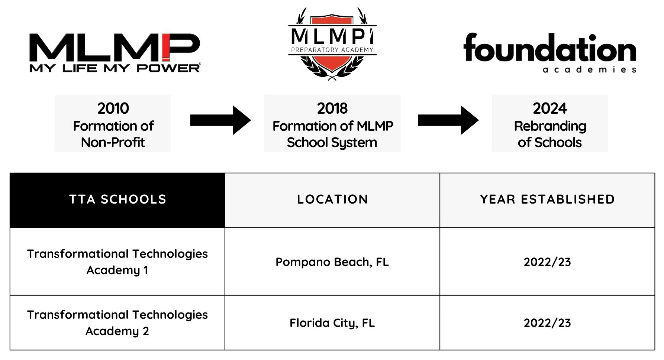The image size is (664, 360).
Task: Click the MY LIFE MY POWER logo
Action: pos(115,52)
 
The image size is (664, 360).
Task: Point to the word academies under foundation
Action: pos(589,69)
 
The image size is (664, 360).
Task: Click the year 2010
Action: pos(113,108)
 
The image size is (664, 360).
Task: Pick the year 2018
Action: pos(332,108)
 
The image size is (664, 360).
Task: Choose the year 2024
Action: pos(550,108)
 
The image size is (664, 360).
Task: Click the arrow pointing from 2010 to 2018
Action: pos(220,120)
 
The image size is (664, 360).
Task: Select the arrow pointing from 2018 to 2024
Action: pos(448,120)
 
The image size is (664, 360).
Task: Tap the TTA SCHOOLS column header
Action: pos(117,200)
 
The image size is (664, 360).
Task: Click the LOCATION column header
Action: pos(332,200)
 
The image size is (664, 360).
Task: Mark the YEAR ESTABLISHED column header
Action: pos(547,200)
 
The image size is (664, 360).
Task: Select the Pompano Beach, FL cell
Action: pos(332,262)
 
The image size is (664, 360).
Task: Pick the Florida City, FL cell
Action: pos(332,323)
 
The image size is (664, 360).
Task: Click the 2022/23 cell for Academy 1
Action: pos(547,262)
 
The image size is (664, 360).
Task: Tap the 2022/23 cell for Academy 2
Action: pos(547,323)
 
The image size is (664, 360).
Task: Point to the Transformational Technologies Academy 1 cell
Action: pos(117,262)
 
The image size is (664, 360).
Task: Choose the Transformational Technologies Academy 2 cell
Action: pos(117,323)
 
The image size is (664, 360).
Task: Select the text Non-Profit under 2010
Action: pos(113,142)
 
